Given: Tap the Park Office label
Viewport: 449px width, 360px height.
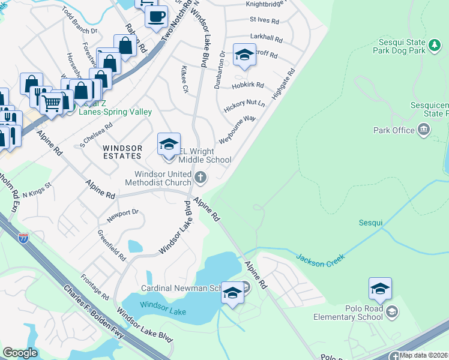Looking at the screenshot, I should coord(394,130).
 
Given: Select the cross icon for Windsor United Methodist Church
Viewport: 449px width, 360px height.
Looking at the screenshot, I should coord(201,177).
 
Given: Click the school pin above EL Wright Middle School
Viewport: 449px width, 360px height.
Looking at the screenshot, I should coord(169,145).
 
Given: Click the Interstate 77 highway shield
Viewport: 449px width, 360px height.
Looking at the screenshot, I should coord(23,238).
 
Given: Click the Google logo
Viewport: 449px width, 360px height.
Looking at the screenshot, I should coord(20,353).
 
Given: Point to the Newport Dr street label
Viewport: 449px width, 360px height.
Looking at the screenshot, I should coord(122,212).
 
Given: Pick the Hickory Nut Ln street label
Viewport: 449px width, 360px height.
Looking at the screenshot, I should coord(244,106).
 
